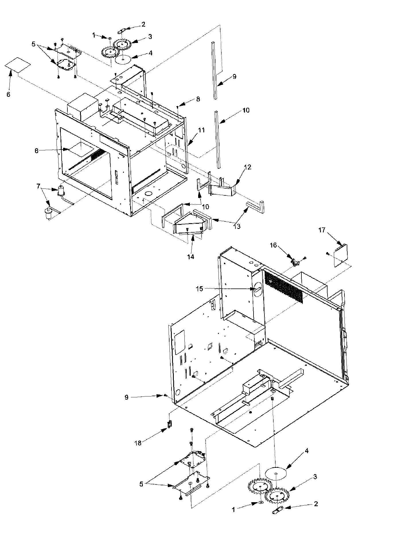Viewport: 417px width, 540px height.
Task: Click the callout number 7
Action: [x=38, y=186]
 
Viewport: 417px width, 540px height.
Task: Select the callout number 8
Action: [x=198, y=99]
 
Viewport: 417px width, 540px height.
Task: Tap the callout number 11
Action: [x=201, y=130]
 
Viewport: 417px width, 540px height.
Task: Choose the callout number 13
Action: [x=237, y=227]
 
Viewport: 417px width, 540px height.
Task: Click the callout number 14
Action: [x=191, y=257]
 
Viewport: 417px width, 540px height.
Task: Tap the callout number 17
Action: [x=322, y=230]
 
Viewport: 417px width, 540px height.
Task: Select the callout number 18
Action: [x=138, y=443]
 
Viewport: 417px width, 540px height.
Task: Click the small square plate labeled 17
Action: [x=341, y=256]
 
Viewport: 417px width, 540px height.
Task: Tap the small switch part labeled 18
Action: [x=170, y=424]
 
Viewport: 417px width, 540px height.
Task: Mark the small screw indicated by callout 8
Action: [x=178, y=107]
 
